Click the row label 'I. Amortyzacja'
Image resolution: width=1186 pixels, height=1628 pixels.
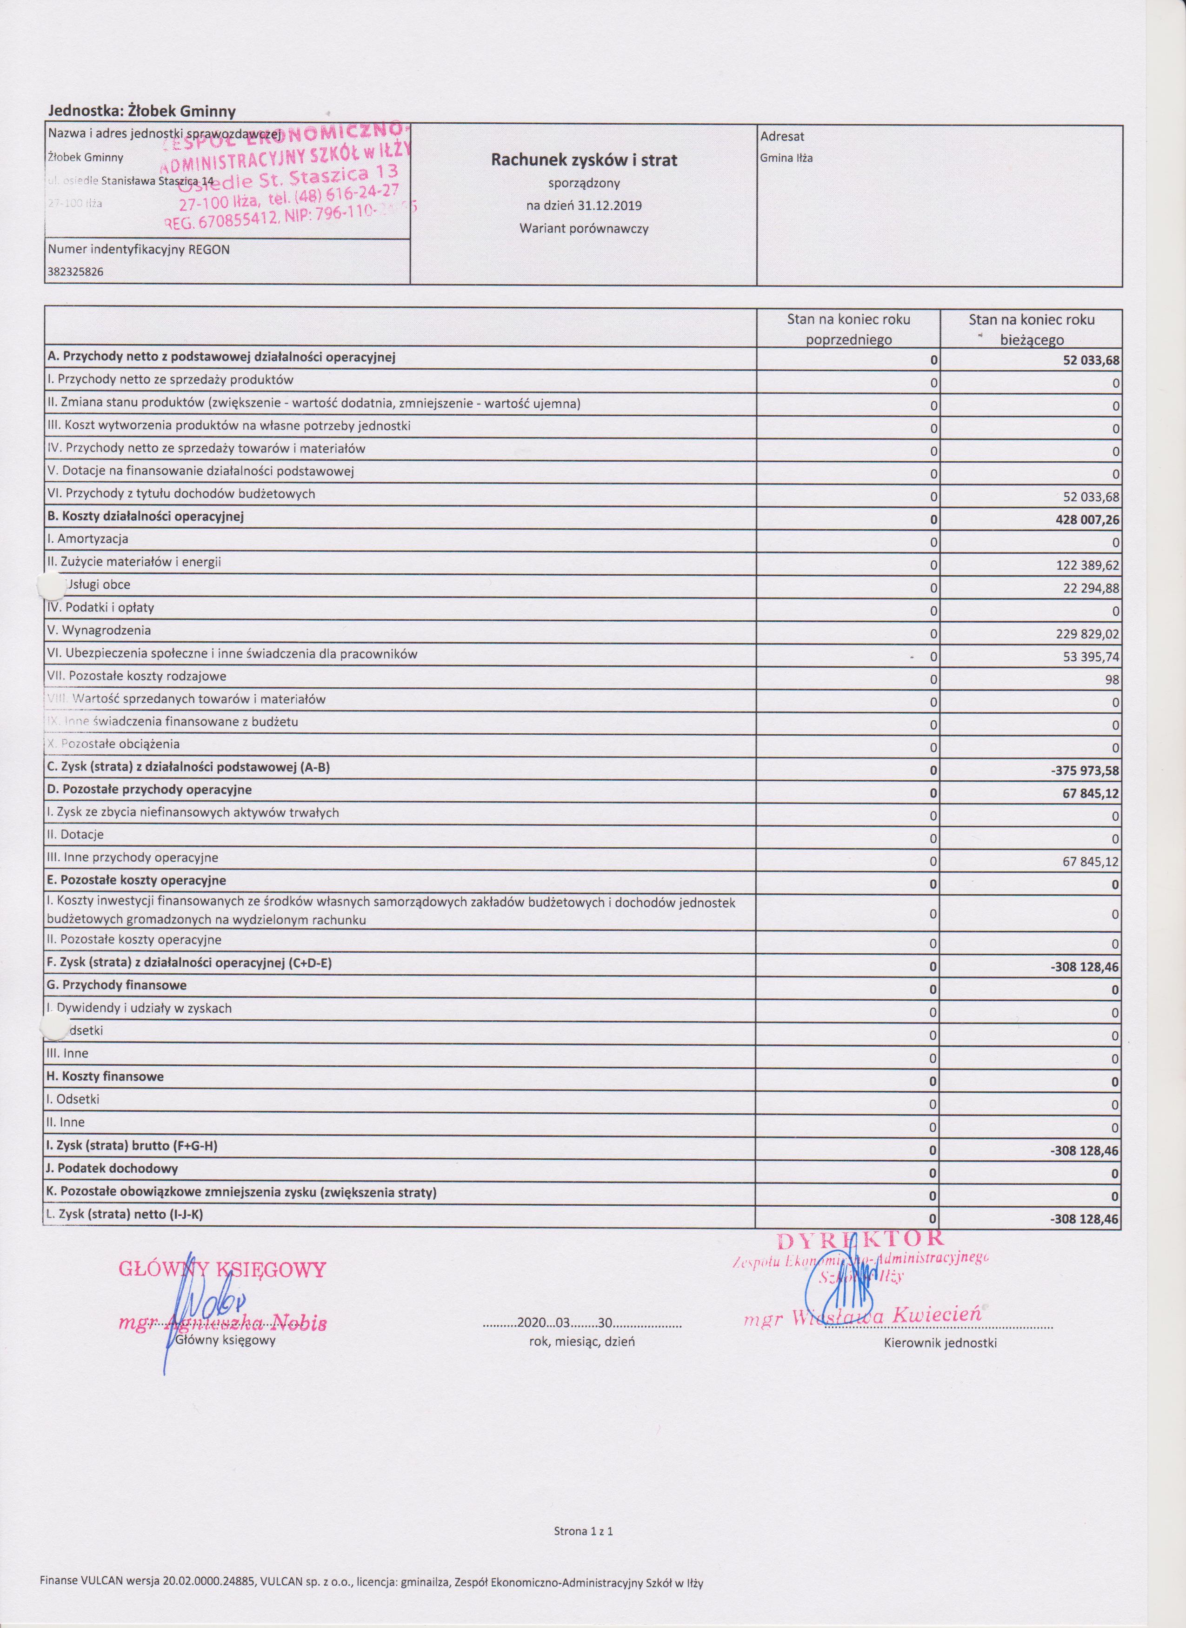click(x=87, y=538)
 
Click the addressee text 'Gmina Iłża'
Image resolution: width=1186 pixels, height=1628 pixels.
click(x=786, y=159)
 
